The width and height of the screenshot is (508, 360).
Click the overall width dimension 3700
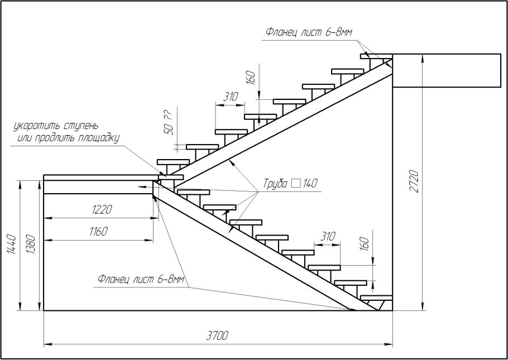(218, 335)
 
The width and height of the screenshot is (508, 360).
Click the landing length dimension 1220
(100, 210)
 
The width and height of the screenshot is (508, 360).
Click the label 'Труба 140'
(288, 184)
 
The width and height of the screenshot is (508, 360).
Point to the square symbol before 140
(296, 183)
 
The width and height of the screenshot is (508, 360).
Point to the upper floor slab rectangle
(446, 70)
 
